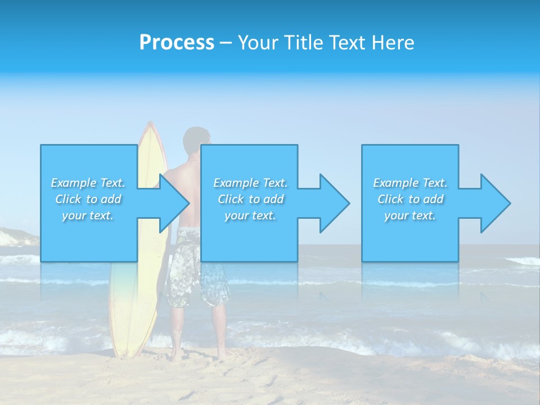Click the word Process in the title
tap(177, 43)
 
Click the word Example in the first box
tap(74, 183)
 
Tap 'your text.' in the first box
tap(88, 215)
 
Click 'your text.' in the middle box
tap(250, 215)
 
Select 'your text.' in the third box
tap(410, 215)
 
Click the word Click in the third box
tap(390, 199)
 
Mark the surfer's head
tap(196, 141)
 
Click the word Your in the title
tap(256, 43)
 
